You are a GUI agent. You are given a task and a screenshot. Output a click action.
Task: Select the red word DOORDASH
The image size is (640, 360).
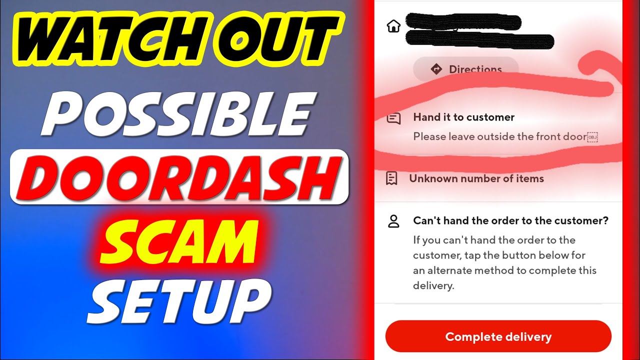[x=178, y=177]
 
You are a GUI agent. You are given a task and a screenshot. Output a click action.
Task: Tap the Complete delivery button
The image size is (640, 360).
[x=498, y=336]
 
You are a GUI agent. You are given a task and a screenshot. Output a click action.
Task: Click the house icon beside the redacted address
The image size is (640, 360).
[x=394, y=26]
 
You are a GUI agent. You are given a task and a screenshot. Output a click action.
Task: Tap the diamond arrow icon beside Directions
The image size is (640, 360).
[x=436, y=69]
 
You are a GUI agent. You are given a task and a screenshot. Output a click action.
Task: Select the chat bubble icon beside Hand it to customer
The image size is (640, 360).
[x=394, y=118]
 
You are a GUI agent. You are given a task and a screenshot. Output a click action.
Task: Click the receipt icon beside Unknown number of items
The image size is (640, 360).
[x=392, y=178]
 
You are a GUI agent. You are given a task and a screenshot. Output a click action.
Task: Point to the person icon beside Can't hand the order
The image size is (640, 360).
[x=394, y=221]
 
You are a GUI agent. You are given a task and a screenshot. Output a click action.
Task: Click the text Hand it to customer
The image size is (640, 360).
[x=463, y=117]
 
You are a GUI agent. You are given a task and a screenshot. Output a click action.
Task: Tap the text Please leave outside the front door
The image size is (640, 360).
[x=499, y=136]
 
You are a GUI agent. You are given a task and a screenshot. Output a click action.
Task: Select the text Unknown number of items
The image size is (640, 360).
[x=476, y=178]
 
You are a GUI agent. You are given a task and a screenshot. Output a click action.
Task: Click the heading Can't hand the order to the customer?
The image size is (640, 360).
[x=510, y=220]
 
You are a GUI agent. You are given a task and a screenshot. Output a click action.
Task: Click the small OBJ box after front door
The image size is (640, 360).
[x=592, y=137]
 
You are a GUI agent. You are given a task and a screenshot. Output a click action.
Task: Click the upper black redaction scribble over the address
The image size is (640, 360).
[x=462, y=21]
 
